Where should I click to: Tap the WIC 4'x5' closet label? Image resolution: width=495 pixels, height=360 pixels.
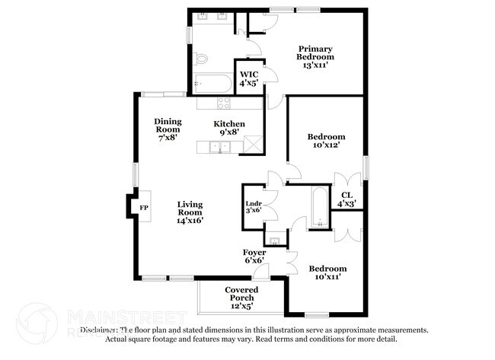(248, 78)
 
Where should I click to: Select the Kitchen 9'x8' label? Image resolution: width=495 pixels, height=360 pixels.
(228, 128)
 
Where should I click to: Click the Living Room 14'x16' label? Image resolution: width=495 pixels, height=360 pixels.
(190, 212)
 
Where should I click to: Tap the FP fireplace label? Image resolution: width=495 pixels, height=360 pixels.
(142, 207)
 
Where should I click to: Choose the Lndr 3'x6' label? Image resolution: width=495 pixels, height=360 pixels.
(254, 208)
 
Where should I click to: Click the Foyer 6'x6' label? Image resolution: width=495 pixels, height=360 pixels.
(254, 256)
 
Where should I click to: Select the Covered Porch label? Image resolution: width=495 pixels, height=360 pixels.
(241, 298)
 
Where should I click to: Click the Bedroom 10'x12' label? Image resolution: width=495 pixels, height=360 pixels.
(326, 141)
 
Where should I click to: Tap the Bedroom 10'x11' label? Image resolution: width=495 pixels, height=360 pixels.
(327, 272)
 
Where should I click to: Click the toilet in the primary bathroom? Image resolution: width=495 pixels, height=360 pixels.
(202, 59)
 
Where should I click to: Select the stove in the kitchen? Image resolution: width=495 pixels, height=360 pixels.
(224, 103)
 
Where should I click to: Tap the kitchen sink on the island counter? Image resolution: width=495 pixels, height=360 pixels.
(220, 146)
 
